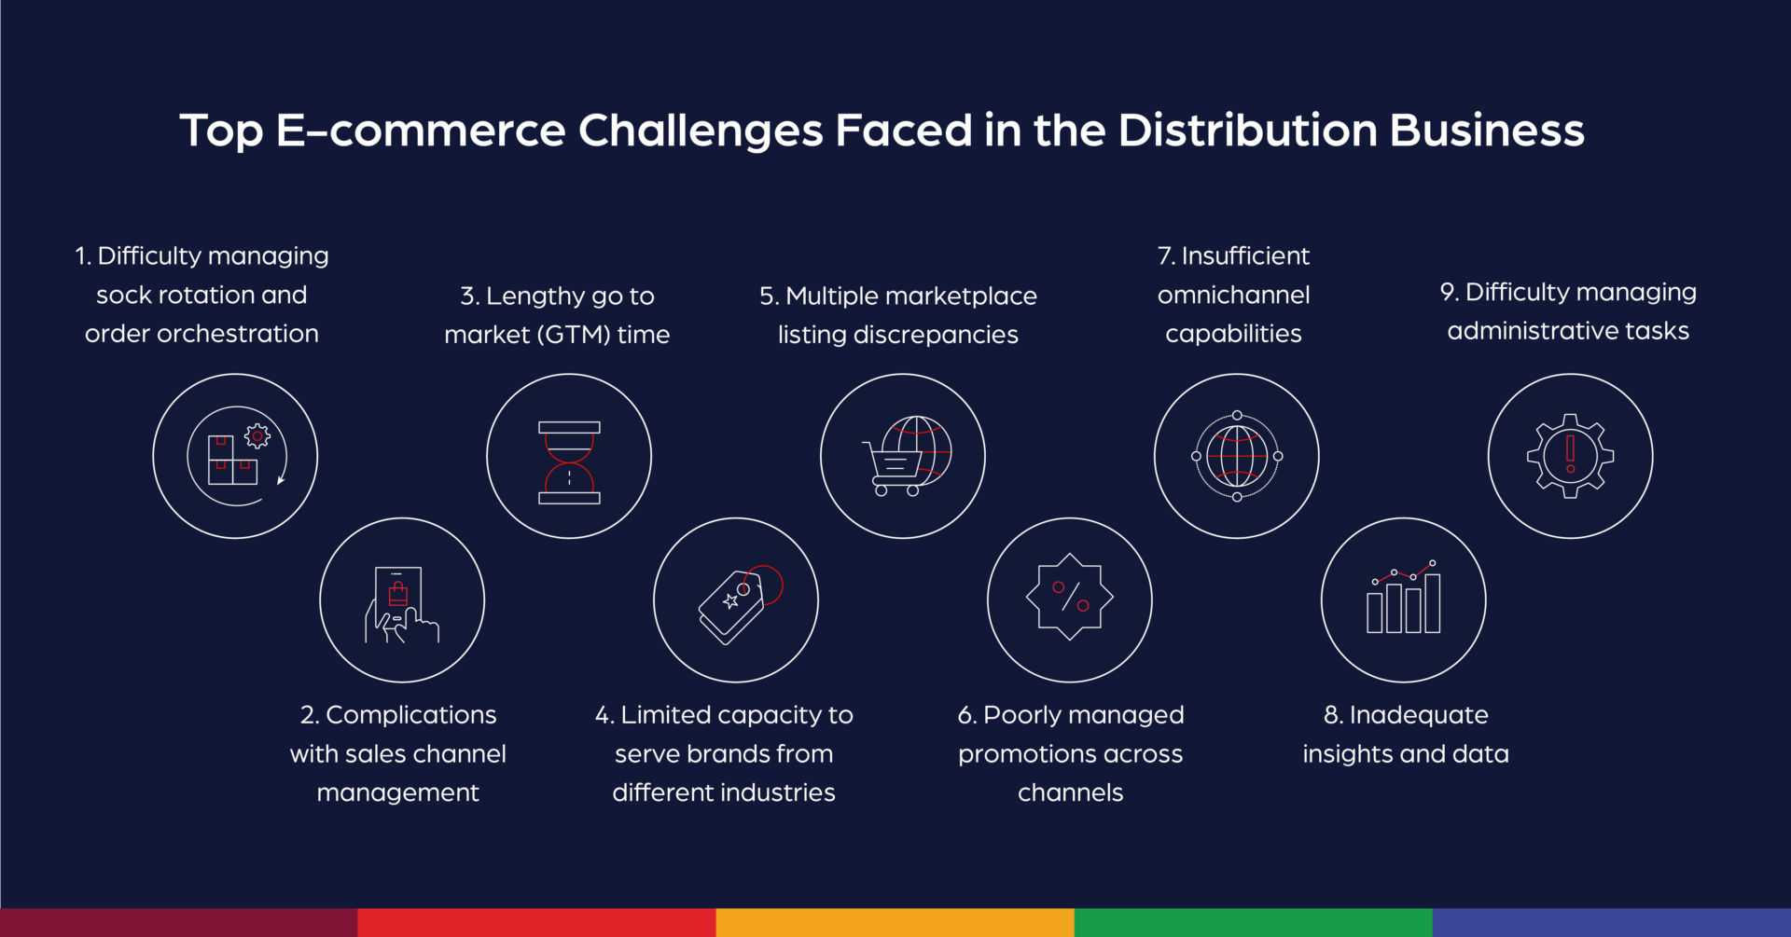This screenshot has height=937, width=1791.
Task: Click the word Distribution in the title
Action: [x=1247, y=131]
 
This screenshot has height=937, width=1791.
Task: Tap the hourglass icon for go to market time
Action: [x=569, y=457]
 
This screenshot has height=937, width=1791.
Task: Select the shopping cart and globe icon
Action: [x=903, y=457]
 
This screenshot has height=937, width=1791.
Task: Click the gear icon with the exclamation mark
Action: [x=1570, y=456]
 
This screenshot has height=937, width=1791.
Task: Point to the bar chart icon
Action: [x=1403, y=600]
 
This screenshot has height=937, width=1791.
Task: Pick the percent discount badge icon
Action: [x=1070, y=599]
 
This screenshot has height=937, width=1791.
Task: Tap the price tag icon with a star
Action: [x=736, y=600]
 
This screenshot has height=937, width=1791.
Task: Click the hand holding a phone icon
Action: [x=402, y=600]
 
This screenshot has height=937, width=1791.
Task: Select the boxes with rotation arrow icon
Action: [x=235, y=456]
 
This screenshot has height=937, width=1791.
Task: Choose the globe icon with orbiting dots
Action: [x=1237, y=456]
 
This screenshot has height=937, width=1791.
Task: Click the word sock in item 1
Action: [x=124, y=296]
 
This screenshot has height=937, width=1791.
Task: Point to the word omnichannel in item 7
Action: [x=1233, y=296]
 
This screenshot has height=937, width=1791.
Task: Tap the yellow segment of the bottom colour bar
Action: [x=895, y=922]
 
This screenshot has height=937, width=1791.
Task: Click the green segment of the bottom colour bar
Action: [x=1253, y=922]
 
